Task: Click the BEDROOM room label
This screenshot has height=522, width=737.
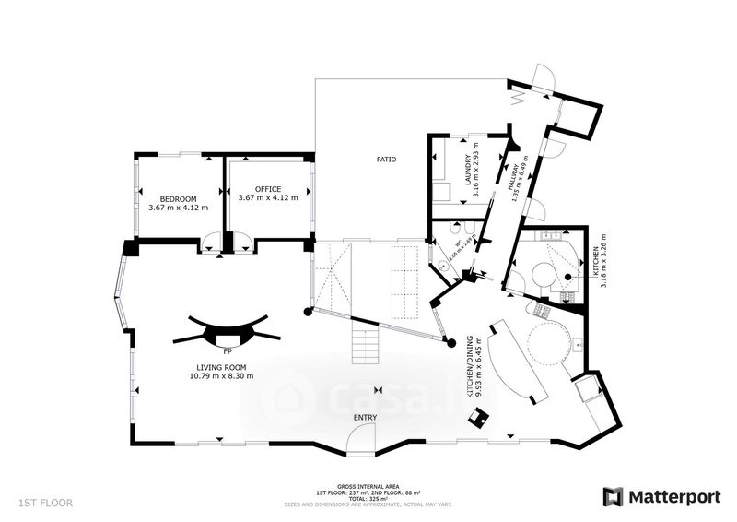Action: (178, 199)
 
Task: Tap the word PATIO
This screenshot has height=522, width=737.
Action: (387, 160)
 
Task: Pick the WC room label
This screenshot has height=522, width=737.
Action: (457, 247)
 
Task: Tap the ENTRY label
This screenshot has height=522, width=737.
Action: (365, 418)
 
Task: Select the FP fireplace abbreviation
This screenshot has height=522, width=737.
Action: (226, 351)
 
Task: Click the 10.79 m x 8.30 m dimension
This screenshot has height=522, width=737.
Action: (221, 375)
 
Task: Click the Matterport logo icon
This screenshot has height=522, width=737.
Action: (613, 496)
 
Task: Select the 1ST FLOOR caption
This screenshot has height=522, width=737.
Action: (44, 503)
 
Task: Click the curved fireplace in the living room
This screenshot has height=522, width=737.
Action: (226, 329)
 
